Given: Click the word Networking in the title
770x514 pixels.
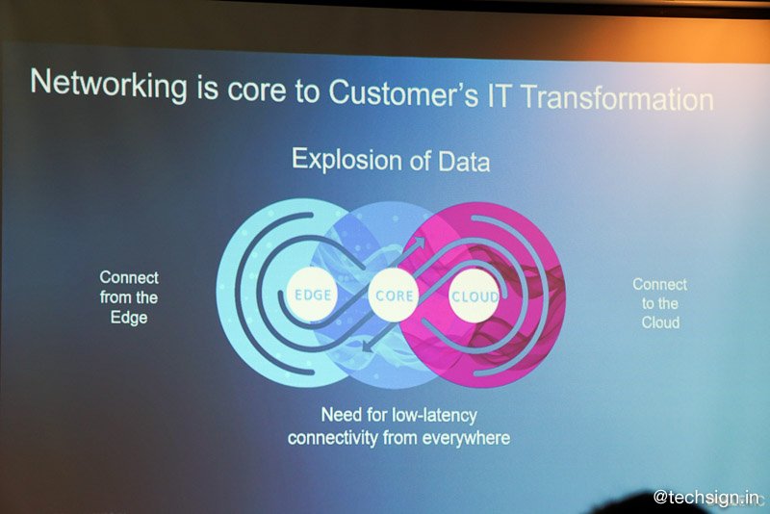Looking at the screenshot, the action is click(109, 85).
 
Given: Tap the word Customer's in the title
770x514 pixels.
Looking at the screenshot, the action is click(403, 92).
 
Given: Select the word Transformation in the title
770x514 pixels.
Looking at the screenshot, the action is click(617, 98).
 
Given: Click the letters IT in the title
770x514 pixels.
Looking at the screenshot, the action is click(500, 95).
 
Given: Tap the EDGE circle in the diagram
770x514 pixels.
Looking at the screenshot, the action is click(312, 295).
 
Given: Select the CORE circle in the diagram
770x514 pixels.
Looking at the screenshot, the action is click(394, 296).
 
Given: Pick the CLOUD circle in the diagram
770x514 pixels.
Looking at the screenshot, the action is click(474, 296).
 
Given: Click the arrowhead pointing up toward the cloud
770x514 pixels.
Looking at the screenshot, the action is click(419, 242).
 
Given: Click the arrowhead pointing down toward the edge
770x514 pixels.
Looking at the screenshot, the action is click(367, 347).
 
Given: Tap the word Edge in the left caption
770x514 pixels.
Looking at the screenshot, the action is click(129, 318).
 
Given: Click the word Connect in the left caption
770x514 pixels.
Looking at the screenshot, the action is click(129, 277).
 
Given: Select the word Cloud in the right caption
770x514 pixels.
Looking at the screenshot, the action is click(660, 322).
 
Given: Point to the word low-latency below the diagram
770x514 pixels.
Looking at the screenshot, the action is click(434, 415).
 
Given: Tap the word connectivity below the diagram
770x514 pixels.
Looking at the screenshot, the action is click(332, 437).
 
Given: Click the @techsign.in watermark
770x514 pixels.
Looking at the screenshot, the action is click(706, 497).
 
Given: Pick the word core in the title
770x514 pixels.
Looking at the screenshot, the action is click(256, 90).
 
